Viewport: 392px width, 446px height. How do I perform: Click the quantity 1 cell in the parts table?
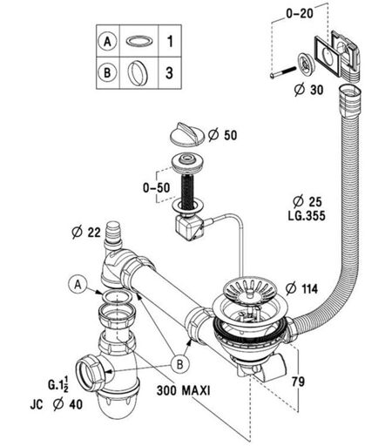(x=170, y=41)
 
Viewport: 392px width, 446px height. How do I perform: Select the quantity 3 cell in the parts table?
(x=170, y=72)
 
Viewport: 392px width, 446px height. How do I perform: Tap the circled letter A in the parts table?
(x=107, y=41)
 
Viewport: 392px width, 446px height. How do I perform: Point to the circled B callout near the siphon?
(x=180, y=364)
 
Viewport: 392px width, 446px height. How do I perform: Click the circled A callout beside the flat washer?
(x=78, y=285)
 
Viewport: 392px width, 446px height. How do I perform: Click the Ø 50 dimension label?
(x=222, y=135)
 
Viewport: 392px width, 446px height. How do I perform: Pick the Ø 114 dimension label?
(x=301, y=289)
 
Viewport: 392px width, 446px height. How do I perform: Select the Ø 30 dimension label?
(x=308, y=90)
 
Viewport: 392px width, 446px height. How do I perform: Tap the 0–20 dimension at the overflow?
(x=300, y=13)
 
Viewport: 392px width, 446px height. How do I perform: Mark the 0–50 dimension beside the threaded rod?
(x=156, y=188)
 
